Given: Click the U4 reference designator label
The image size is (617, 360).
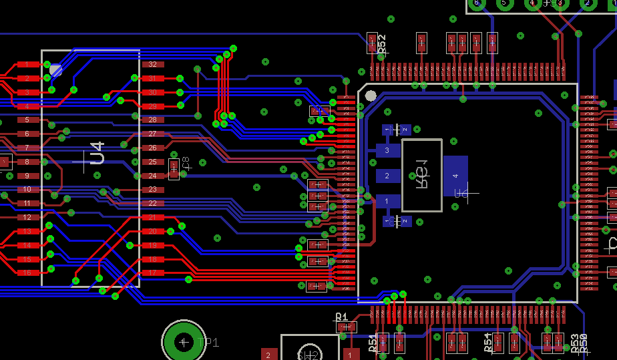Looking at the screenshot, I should pyautogui.click(x=97, y=154).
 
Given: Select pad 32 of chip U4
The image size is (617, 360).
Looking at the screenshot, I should pyautogui.click(x=152, y=65).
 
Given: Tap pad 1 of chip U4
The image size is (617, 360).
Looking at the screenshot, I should pyautogui.click(x=27, y=65).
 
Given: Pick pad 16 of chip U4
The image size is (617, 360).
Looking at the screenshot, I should pyautogui.click(x=27, y=273).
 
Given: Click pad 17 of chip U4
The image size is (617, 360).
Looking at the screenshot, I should pyautogui.click(x=152, y=273).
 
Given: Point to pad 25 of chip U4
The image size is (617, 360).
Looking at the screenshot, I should pyautogui.click(x=152, y=162).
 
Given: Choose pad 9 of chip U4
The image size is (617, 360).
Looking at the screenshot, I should pyautogui.click(x=27, y=176).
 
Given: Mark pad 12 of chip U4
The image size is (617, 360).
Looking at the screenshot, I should pyautogui.click(x=27, y=217).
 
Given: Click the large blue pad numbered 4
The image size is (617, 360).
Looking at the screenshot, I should pyautogui.click(x=455, y=176).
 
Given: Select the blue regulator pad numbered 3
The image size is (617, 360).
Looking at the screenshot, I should pyautogui.click(x=388, y=151).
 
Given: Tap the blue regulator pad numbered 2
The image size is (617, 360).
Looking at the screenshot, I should pyautogui.click(x=388, y=176).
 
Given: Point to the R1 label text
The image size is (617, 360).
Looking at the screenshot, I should pyautogui.click(x=341, y=317).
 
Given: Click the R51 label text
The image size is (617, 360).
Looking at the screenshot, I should pyautogui.click(x=372, y=343).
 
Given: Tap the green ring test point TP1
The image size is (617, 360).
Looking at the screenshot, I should pyautogui.click(x=184, y=342).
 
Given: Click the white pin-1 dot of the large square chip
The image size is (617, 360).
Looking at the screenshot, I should pyautogui.click(x=371, y=96).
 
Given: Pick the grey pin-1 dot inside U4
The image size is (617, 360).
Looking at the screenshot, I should pyautogui.click(x=56, y=69).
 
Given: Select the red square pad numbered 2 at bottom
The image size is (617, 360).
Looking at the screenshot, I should pyautogui.click(x=268, y=354).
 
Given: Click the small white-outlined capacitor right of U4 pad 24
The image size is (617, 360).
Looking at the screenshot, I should pyautogui.click(x=174, y=169).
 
